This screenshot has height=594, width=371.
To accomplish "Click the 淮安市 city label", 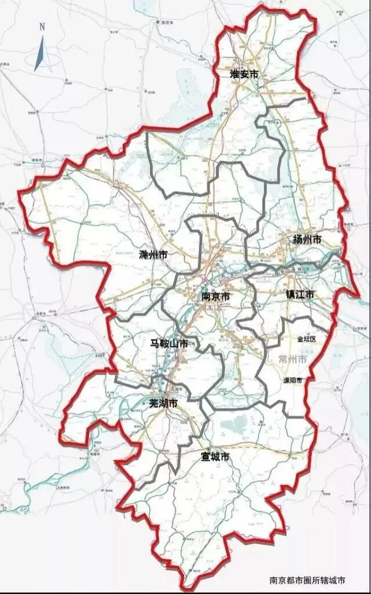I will point(243,74).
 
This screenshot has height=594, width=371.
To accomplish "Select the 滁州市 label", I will point(154,254).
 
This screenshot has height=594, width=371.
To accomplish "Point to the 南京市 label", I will point(216,296).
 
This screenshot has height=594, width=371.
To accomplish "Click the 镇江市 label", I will point(300,294).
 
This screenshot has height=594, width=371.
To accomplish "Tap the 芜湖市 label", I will point(162,402).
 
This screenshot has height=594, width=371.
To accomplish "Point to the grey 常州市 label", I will point(292,359).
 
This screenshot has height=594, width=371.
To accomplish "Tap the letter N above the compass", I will point(42,27).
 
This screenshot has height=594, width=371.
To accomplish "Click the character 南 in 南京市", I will point(206,296).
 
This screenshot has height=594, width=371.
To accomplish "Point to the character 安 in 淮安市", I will point(243,74).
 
